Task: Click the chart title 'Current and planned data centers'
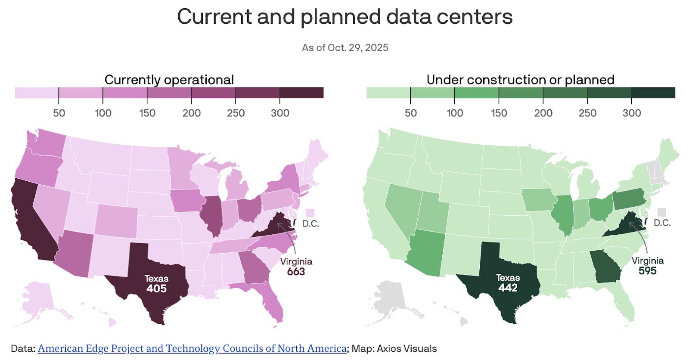(x=344, y=17)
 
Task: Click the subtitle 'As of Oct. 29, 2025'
(x=345, y=48)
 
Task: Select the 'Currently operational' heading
(x=169, y=80)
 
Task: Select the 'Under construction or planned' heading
(x=520, y=80)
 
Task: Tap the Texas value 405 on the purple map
(x=156, y=289)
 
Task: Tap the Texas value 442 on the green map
(x=508, y=288)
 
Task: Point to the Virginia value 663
(x=296, y=272)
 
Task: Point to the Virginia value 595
(x=647, y=271)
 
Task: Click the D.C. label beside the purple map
(x=310, y=224)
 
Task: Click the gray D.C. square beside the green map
(x=661, y=212)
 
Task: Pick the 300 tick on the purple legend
(x=280, y=113)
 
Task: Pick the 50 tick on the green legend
(x=410, y=113)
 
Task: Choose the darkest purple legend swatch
(x=301, y=93)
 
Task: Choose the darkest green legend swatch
(x=653, y=93)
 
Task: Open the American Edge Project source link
(x=192, y=348)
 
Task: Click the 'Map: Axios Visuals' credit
(x=394, y=348)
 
